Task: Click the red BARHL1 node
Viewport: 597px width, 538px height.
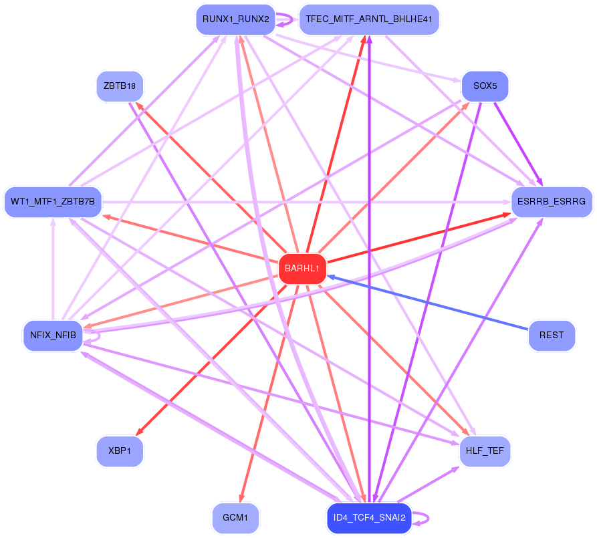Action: coord(302,269)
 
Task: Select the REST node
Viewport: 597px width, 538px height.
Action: coord(552,335)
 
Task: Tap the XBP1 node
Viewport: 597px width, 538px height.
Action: coord(120,451)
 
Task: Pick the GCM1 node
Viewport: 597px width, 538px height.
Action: coord(235,518)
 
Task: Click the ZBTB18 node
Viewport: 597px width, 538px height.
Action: coord(120,86)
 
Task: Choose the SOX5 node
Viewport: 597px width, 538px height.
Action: coord(485,86)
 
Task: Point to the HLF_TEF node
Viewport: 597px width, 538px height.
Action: coord(485,452)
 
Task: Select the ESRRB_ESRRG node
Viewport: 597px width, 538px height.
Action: coord(552,201)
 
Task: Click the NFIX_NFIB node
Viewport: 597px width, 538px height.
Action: coord(53,335)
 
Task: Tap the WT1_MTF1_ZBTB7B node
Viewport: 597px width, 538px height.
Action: coord(53,201)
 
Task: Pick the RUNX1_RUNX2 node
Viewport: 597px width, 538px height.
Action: coord(235,19)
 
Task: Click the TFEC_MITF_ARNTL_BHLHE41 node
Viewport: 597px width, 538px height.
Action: coord(369,19)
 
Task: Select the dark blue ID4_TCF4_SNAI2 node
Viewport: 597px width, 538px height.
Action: coord(369,518)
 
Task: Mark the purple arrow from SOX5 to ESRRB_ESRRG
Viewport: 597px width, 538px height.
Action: coord(516,144)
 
